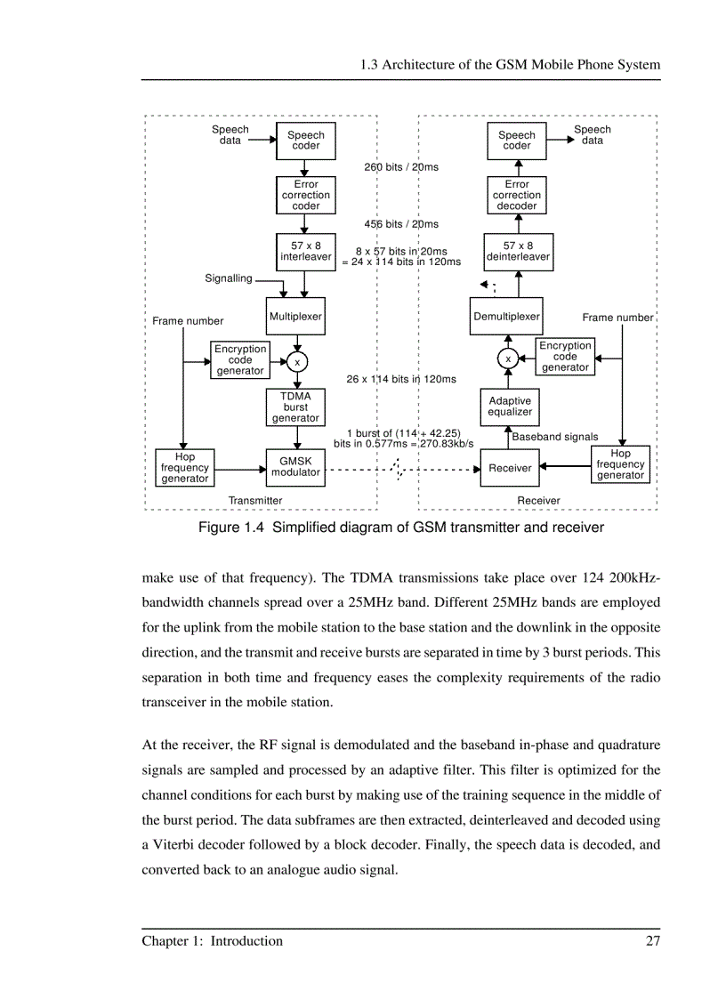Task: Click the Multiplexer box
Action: (x=295, y=317)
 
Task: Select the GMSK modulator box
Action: (x=295, y=467)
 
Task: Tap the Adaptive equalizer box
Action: (x=510, y=407)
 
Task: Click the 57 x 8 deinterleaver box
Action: (x=518, y=252)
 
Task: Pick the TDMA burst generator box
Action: (x=295, y=407)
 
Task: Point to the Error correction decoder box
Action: (x=517, y=196)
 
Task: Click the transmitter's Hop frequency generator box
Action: (x=185, y=468)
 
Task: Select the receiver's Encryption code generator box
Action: (x=565, y=357)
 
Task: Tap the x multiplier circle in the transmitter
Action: (x=297, y=362)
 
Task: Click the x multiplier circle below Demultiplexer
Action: (x=508, y=359)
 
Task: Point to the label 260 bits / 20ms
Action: (x=401, y=167)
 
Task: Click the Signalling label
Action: (x=229, y=278)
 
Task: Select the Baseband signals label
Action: (x=555, y=437)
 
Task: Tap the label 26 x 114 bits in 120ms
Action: (x=401, y=379)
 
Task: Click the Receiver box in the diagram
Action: (x=510, y=468)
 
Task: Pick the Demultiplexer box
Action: (x=506, y=317)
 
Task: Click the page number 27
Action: (x=652, y=941)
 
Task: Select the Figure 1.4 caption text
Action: (x=401, y=528)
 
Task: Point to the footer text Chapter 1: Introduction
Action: (x=213, y=941)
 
